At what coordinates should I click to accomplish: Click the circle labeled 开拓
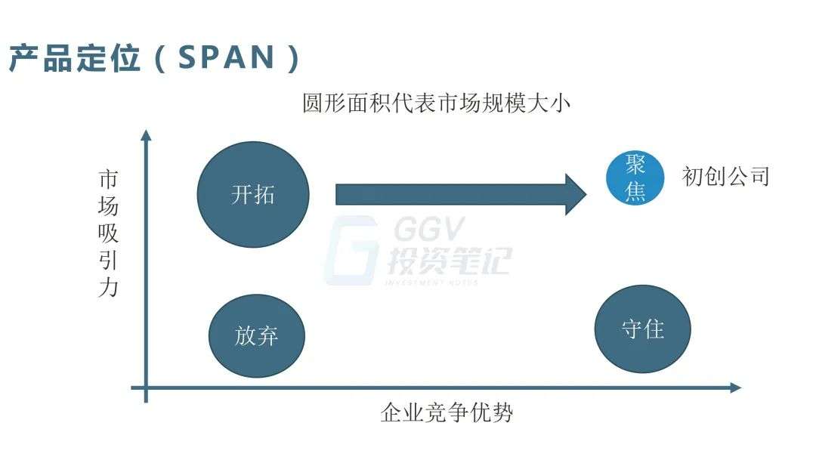click(253, 195)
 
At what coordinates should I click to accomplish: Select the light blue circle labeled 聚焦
click(635, 178)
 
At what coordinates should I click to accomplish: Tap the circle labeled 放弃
click(257, 335)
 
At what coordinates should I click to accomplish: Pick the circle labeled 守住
click(643, 329)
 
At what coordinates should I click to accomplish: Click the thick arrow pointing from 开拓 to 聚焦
click(461, 195)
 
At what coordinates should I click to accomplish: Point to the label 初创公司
click(725, 177)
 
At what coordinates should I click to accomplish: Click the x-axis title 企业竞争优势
click(447, 412)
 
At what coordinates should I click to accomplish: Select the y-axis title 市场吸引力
click(108, 233)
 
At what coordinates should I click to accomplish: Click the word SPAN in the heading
click(227, 57)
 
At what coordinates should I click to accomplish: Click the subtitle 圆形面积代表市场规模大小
click(436, 103)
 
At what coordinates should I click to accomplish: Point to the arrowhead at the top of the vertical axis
click(147, 134)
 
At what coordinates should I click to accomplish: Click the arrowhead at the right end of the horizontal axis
click(735, 387)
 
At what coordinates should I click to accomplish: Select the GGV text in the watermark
click(429, 230)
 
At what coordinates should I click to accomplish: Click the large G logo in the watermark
click(351, 251)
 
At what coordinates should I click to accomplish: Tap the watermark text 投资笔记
click(449, 260)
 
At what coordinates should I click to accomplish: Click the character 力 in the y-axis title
click(108, 287)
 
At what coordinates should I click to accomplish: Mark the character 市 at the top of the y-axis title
click(108, 180)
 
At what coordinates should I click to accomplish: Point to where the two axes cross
click(147, 387)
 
